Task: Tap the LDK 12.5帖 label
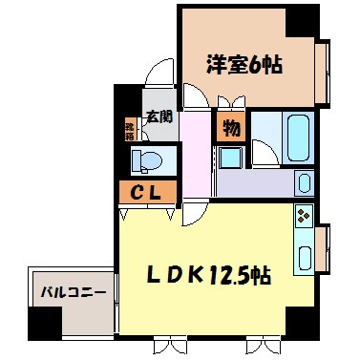[x=209, y=276]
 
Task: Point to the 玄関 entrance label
[x=159, y=117]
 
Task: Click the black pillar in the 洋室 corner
[x=303, y=18]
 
